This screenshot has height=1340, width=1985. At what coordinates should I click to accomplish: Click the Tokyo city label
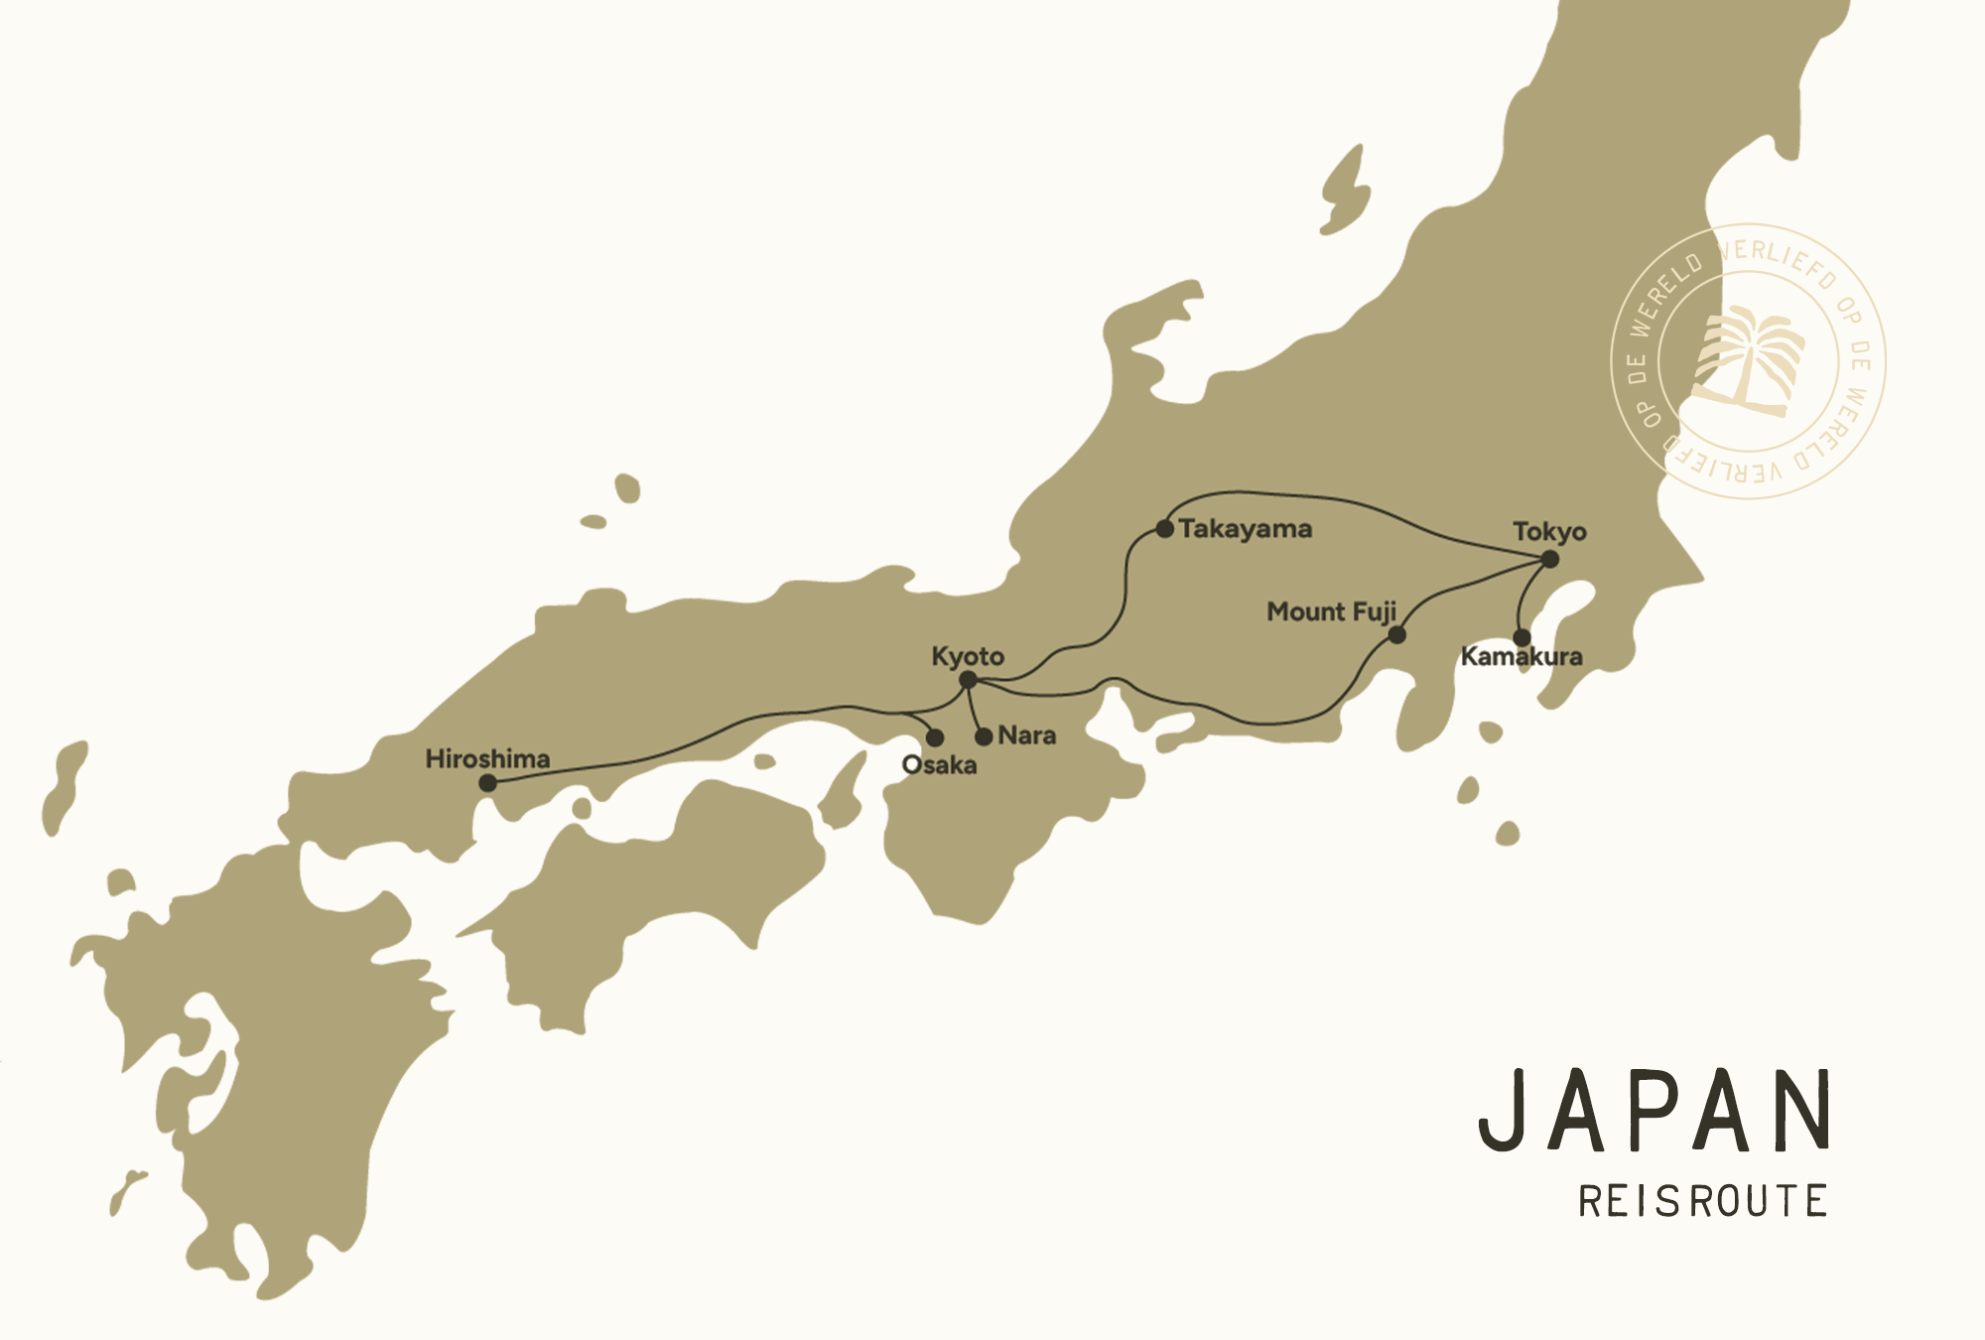pos(1549,532)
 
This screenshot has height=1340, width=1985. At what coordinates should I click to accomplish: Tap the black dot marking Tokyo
pos(1549,560)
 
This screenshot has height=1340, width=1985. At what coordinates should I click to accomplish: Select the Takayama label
pos(1246,529)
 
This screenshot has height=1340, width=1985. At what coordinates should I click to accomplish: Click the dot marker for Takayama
pos(1165,529)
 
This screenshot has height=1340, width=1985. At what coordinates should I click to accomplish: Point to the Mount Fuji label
pos(1331,611)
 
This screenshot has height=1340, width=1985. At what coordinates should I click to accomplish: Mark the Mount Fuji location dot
pos(1396,635)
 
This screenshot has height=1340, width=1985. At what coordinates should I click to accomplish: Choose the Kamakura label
pos(1522,657)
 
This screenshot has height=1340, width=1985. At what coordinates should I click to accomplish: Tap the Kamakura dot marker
pos(1522,638)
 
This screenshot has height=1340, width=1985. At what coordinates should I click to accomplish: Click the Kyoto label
pos(968,657)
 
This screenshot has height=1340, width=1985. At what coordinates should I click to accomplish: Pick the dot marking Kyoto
pos(969,680)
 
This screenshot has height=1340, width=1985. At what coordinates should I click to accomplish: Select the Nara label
pos(1027,736)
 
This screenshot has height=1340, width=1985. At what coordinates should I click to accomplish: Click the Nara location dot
pos(984,737)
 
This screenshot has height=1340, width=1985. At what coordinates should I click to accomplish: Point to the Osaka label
pos(939,765)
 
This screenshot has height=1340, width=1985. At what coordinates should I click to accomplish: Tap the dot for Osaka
pos(935,737)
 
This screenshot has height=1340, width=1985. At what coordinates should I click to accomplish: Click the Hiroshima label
pos(487,759)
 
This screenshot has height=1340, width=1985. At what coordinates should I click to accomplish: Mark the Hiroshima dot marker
pos(487,783)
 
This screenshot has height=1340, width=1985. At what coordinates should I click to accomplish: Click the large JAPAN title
pos(1654,1112)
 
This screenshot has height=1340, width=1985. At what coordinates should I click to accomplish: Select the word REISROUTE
pos(1703,1202)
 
